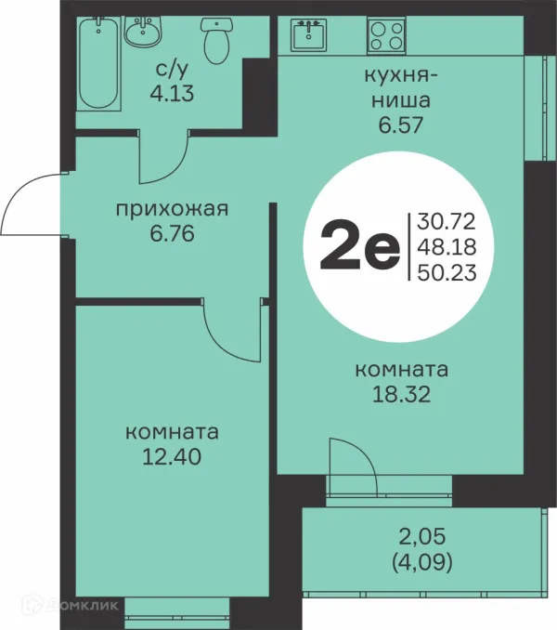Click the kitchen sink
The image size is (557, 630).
point(308,36)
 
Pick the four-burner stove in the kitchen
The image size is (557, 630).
point(386,36)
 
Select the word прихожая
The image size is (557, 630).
point(172,208)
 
